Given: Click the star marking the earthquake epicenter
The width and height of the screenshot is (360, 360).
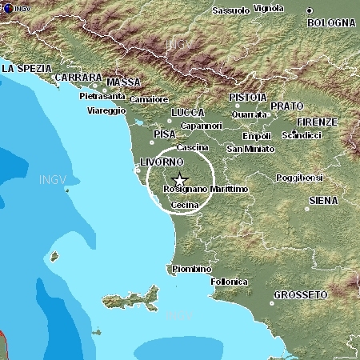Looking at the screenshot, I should pos(180,179).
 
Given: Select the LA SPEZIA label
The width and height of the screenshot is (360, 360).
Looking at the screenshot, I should pos(26,69).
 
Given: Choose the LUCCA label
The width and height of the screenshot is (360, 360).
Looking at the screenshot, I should pos(188,112).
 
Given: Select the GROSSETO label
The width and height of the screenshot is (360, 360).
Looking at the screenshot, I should pos(301,294).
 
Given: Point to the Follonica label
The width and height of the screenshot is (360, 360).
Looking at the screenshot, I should pos(229,282).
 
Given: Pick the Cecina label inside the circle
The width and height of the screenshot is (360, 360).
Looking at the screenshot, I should pos(185,205).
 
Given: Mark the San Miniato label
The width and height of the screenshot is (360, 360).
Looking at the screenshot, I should pos(250,149).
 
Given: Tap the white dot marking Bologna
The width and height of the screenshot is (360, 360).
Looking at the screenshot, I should pos(310,10).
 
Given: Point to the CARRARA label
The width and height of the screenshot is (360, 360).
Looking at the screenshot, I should pos(78,77).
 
